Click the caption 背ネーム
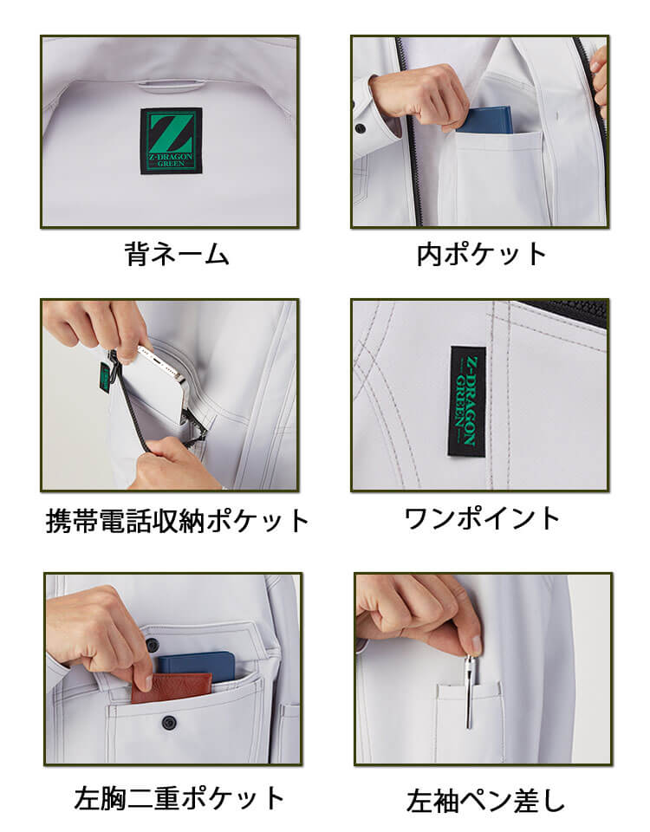coord(177,254)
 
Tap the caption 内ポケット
coord(481,254)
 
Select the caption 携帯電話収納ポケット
coord(177,521)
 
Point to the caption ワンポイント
coord(482,518)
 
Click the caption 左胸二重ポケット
coord(179,798)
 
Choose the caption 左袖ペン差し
coord(485,801)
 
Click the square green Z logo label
coord(171,140)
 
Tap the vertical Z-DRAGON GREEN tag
coord(467,401)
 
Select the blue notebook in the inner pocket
coord(484,120)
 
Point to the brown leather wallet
coord(171,687)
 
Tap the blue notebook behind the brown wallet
coord(197,667)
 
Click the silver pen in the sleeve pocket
coord(470,692)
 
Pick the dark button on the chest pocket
coord(169,722)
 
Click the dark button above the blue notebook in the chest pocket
coord(153,645)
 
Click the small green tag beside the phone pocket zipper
coord(105,377)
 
